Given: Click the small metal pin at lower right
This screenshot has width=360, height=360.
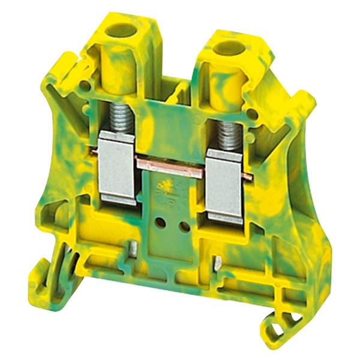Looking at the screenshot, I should point(218,262).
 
